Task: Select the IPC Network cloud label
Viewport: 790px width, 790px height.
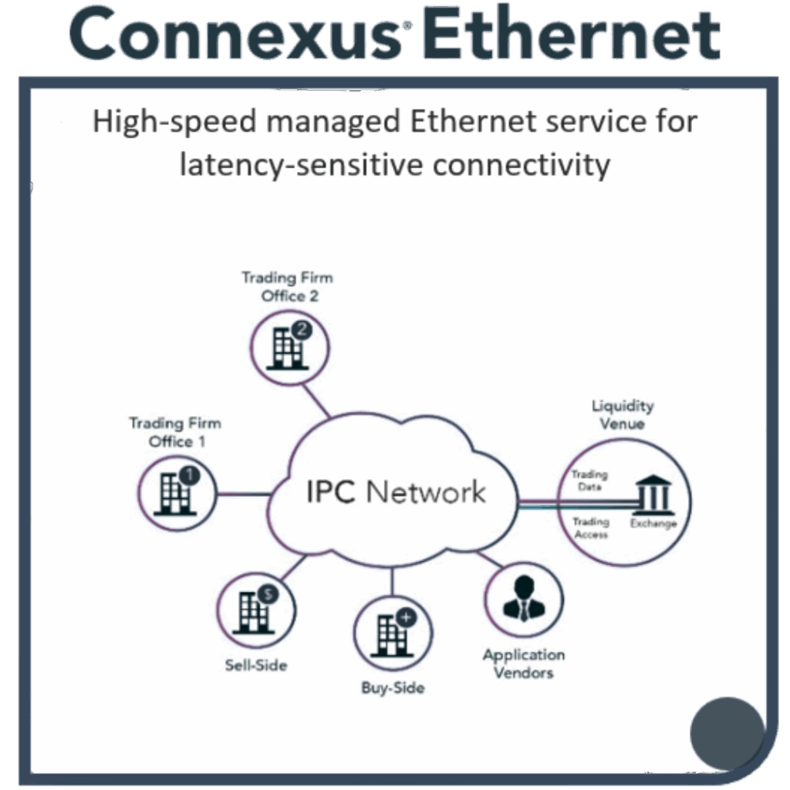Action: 396,491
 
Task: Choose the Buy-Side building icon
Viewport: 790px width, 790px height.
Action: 393,633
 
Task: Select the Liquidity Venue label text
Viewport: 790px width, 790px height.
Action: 623,414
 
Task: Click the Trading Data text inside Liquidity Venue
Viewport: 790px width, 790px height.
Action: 589,480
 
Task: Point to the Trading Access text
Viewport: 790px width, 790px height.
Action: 591,528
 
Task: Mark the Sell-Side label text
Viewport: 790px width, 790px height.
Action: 256,665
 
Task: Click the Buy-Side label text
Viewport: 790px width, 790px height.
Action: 393,688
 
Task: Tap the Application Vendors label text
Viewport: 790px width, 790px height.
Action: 524,663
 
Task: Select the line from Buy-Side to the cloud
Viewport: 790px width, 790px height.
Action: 392,581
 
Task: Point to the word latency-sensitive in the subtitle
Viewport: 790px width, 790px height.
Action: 301,165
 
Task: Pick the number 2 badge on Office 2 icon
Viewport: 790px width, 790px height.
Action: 302,330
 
